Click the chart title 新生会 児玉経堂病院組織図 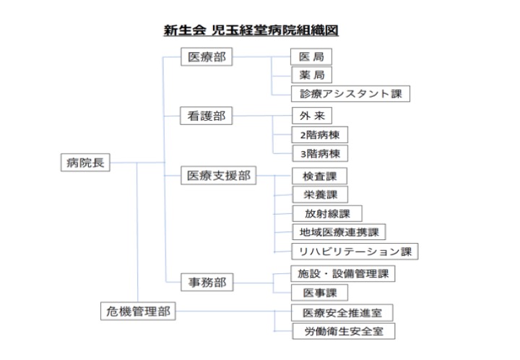(x=251, y=30)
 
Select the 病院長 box (x=85, y=162)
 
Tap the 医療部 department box (x=207, y=56)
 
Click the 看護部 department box (x=206, y=116)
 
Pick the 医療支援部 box (x=219, y=175)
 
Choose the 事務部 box (x=207, y=282)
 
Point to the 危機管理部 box (x=138, y=311)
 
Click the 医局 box (x=311, y=56)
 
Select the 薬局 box (x=311, y=75)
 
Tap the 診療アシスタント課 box (x=350, y=93)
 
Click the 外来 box (x=312, y=116)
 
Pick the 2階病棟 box (x=320, y=134)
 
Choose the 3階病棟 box (x=320, y=153)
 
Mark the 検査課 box (x=319, y=176)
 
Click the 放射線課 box (x=327, y=213)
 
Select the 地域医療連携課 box (x=339, y=232)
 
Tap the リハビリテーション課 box (x=355, y=251)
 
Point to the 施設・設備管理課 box (x=343, y=273)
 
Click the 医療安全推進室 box (x=342, y=312)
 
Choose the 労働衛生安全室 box (x=344, y=331)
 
